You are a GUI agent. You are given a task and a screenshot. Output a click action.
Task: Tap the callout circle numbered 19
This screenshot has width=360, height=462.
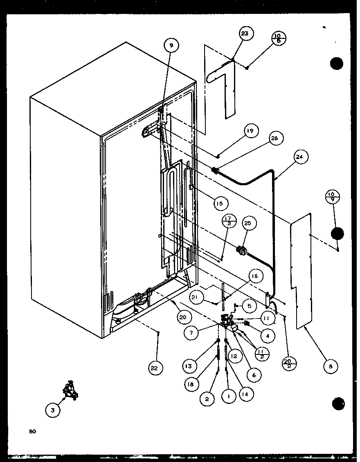[x=250, y=131]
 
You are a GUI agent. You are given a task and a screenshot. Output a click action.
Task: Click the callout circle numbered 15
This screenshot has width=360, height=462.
[x=220, y=203]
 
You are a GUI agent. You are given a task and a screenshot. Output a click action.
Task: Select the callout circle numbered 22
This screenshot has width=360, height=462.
[x=153, y=368]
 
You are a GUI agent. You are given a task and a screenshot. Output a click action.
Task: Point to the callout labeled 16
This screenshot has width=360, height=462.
[x=254, y=276]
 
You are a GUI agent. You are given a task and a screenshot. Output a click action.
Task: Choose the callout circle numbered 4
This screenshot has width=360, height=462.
[x=267, y=336]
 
